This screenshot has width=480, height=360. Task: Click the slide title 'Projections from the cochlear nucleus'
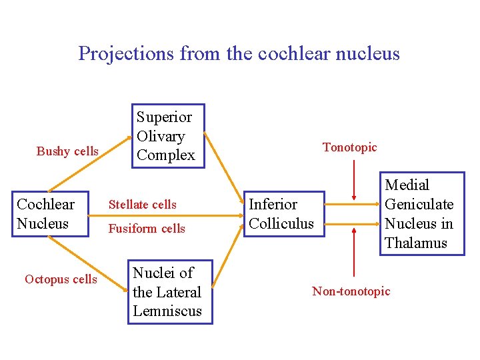pos(239,53)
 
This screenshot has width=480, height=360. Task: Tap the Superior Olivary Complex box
pos(168,137)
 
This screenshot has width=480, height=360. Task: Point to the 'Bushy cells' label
pos(67,151)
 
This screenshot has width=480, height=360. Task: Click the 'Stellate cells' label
pos(143,205)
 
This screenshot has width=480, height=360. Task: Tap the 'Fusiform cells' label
pos(147,229)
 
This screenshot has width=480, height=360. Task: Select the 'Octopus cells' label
pos(61,279)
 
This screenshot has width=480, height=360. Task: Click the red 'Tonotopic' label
pos(350,147)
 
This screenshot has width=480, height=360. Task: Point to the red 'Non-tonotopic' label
pos(351,291)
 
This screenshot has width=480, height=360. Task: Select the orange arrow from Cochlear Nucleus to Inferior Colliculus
pos(167,216)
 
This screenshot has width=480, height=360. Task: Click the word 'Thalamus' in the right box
pos(415,243)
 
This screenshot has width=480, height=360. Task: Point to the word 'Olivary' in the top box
pos(161,136)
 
